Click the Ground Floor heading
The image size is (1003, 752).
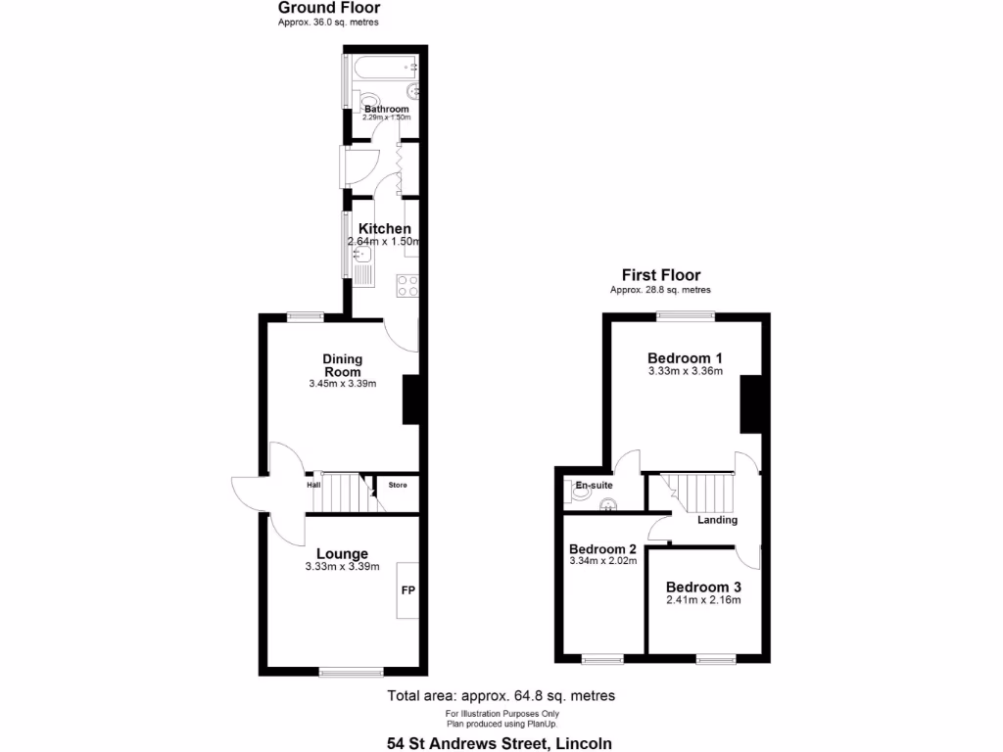click(328, 8)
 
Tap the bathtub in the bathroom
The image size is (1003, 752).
click(383, 68)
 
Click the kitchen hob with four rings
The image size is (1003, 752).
click(407, 286)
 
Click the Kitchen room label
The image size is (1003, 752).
click(384, 229)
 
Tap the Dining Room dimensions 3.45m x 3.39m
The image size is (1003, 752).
click(342, 384)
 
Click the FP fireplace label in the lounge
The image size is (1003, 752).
click(407, 591)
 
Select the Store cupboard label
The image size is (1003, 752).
click(397, 485)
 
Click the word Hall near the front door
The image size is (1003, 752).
click(313, 484)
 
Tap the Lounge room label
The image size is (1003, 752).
click(342, 554)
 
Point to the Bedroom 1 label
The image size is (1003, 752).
click(686, 357)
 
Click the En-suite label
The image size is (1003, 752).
click(593, 485)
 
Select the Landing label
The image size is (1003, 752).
click(717, 520)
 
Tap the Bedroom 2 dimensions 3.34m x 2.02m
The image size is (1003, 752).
click(602, 561)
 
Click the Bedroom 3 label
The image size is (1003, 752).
click(703, 587)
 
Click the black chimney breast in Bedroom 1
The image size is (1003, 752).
click(750, 404)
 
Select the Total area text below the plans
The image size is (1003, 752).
click(501, 696)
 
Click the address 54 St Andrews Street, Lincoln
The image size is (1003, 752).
click(500, 743)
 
